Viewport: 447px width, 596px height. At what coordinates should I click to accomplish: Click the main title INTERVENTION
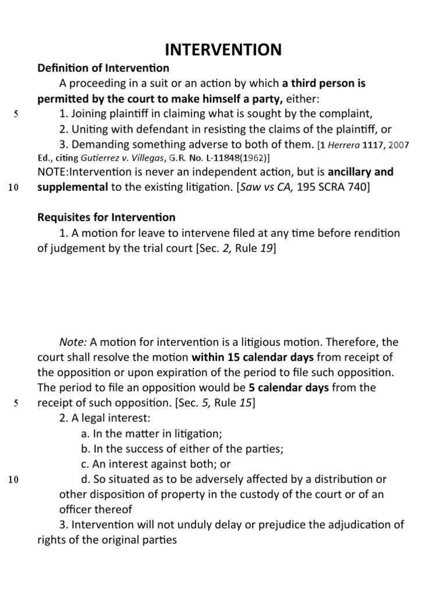[223, 49]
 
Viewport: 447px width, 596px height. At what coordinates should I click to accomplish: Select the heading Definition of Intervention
[103, 69]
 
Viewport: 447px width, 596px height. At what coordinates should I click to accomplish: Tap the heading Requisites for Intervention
[106, 217]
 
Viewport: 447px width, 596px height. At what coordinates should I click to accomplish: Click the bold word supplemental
[73, 187]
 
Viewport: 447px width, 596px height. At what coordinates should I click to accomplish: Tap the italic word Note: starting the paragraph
[73, 342]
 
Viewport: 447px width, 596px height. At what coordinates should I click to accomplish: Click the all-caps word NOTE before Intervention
[52, 172]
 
